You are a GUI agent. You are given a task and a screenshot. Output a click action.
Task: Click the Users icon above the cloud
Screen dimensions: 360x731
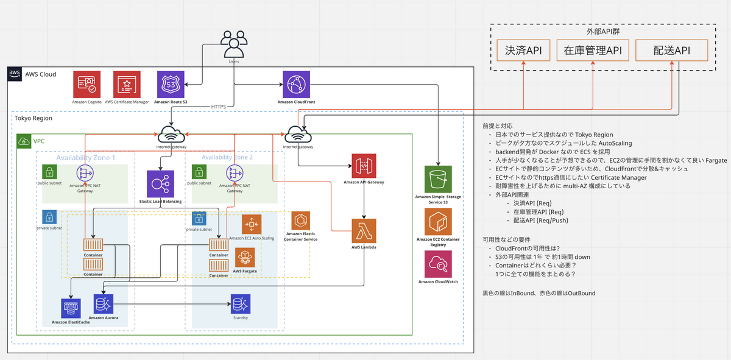point(234,44)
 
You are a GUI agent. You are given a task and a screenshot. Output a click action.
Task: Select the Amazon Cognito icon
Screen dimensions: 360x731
point(87,85)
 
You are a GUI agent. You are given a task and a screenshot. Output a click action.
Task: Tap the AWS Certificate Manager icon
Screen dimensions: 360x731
point(127,85)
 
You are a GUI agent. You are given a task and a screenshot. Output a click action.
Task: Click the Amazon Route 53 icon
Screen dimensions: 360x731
point(170,85)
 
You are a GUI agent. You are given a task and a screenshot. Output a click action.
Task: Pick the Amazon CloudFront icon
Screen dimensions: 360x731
point(297,85)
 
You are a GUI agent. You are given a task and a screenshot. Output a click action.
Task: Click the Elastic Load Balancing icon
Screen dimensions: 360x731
point(160,183)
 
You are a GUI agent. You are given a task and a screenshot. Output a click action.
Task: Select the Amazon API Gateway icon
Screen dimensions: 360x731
point(364,166)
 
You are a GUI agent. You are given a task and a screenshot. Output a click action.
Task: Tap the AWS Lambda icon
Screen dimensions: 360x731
point(364,231)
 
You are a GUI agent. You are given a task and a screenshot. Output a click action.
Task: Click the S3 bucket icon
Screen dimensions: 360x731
point(438,178)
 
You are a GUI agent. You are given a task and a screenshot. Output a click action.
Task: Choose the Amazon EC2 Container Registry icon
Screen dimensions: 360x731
point(438,221)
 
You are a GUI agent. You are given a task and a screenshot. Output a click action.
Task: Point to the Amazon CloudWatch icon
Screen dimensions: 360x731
point(438,264)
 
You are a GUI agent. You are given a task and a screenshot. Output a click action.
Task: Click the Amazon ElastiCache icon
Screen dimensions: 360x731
point(71,309)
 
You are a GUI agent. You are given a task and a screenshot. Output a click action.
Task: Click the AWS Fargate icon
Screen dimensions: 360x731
point(244,258)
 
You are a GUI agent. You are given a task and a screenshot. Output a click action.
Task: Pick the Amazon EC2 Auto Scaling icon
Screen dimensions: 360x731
point(251,225)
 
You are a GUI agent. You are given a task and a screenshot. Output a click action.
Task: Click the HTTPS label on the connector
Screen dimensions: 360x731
point(218,107)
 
